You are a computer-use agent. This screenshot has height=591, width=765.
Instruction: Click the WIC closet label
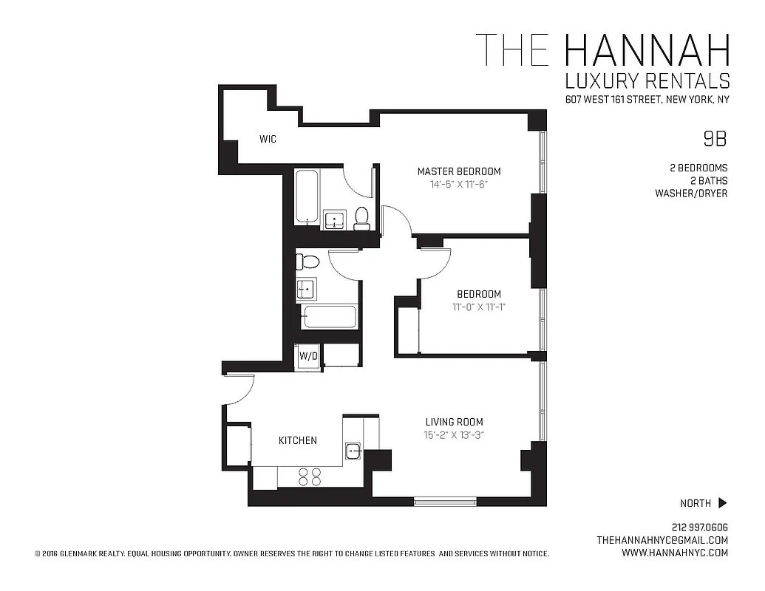click(x=268, y=139)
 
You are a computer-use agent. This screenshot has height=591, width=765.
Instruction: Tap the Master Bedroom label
click(x=459, y=171)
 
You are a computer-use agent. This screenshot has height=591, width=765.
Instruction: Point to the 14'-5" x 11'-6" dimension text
click(x=459, y=185)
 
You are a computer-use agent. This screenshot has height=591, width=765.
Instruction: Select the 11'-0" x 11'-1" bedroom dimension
click(x=478, y=307)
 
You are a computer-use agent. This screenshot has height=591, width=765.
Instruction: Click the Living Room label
click(x=454, y=422)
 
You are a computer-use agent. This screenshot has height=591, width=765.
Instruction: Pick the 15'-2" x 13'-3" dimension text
click(x=454, y=435)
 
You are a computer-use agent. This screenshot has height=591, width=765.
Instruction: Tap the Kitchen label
click(x=297, y=440)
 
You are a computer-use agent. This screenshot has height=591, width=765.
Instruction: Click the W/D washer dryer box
click(x=308, y=356)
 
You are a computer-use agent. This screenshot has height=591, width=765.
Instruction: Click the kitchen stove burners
click(x=310, y=476)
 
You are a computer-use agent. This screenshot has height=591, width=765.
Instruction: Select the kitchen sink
click(x=353, y=451)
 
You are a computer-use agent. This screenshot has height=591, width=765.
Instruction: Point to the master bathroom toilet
click(x=361, y=218)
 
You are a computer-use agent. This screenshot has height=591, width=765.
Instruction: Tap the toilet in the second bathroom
click(x=306, y=261)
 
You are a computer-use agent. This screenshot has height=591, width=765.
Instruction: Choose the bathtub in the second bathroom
click(x=330, y=317)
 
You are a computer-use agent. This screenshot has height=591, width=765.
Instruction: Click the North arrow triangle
click(x=722, y=503)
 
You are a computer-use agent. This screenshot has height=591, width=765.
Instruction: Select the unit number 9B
click(x=714, y=138)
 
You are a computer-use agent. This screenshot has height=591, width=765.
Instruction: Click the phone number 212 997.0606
click(x=700, y=527)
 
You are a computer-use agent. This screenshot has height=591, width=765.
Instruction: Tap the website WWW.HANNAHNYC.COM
click(x=675, y=553)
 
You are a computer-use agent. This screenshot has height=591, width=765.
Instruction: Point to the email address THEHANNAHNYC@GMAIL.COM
click(x=662, y=540)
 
